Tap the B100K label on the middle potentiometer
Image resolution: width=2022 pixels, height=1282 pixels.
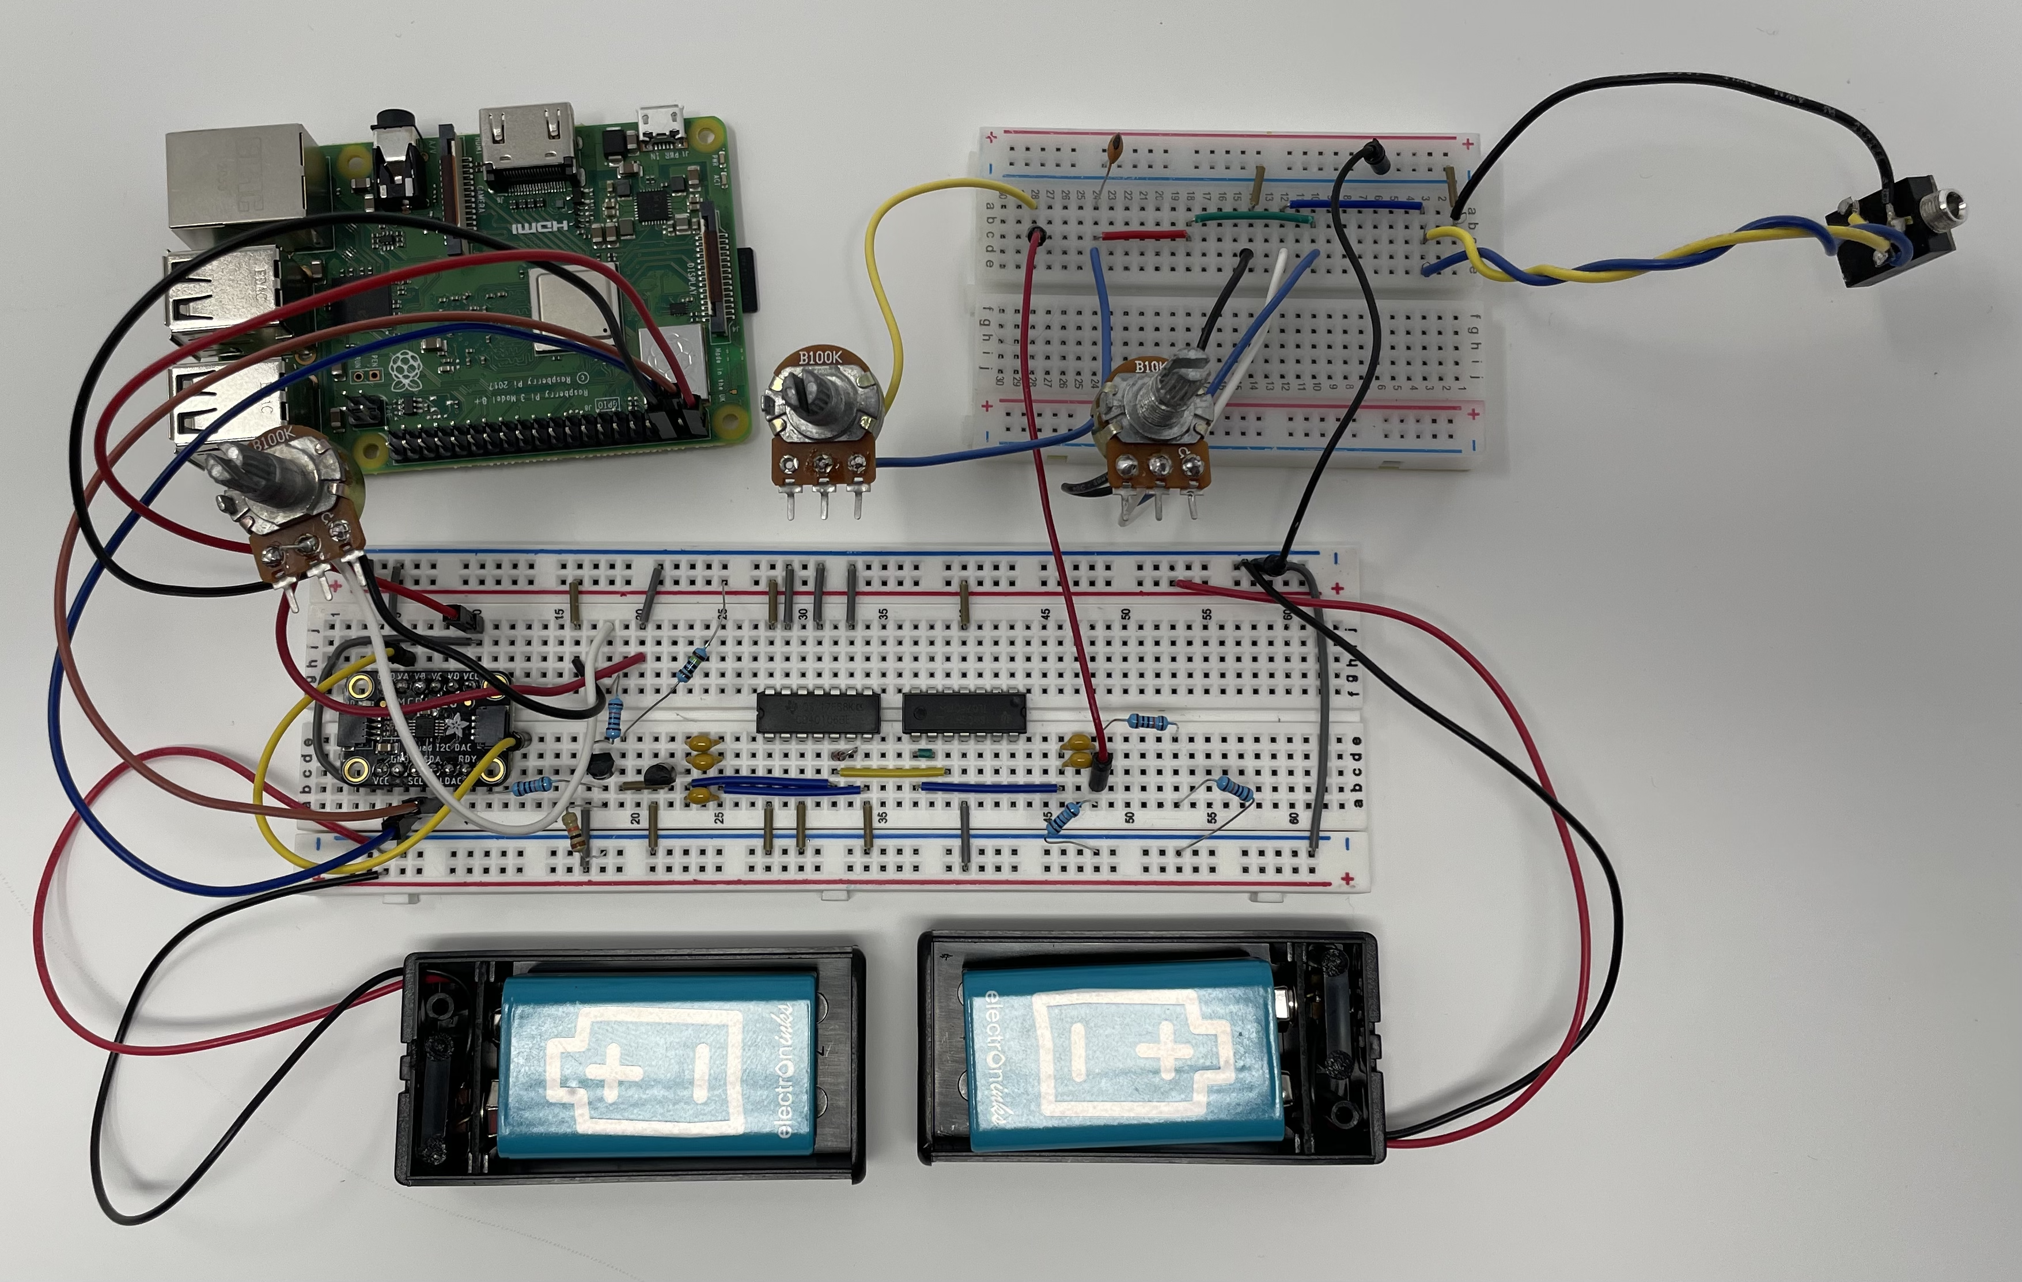[819, 357]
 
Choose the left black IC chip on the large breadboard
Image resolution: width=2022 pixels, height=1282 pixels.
[817, 711]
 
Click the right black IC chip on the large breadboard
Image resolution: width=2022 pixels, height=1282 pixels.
[963, 711]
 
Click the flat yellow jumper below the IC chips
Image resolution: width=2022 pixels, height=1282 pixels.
[892, 771]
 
